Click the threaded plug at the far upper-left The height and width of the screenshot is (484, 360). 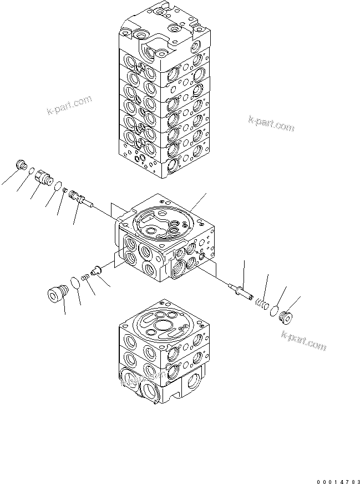(22, 165)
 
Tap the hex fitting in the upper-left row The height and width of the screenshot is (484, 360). (43, 178)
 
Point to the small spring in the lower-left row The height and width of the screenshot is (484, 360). (85, 276)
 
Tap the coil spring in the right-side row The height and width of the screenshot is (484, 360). (258, 302)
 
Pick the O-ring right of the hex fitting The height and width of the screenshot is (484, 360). (57, 185)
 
